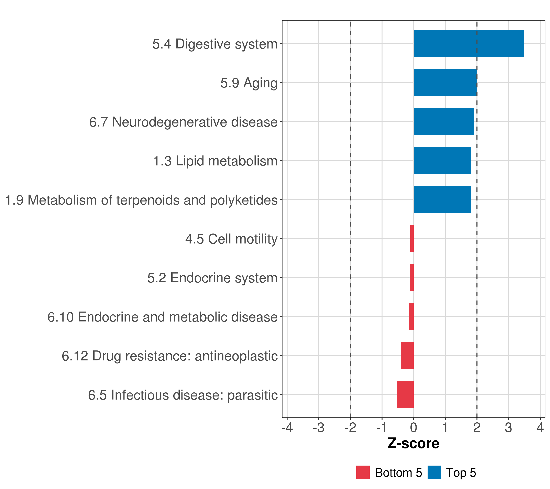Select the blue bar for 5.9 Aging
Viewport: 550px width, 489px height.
point(445,83)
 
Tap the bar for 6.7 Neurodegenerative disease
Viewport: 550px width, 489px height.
point(443,121)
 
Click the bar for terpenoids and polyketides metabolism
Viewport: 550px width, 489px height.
point(442,199)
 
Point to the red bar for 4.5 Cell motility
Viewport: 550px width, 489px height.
point(412,238)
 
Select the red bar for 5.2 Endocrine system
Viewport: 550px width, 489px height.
point(411,278)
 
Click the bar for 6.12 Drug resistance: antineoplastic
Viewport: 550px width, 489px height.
point(407,356)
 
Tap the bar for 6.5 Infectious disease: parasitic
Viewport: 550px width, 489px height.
point(405,394)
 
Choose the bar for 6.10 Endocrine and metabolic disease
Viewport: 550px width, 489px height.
point(411,316)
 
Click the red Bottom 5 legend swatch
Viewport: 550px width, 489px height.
point(363,472)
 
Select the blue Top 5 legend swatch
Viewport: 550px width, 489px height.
point(434,472)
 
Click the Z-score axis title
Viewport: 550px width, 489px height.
point(413,444)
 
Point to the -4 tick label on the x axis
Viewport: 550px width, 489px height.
point(287,428)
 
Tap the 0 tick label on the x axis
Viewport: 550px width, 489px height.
point(414,428)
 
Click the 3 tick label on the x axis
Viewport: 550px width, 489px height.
point(508,428)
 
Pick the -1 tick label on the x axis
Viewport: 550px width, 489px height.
point(382,428)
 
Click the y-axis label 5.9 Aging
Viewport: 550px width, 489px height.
point(249,83)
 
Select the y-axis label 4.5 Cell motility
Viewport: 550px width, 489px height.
point(231,239)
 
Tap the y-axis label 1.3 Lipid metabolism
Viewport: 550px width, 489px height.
point(215,161)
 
